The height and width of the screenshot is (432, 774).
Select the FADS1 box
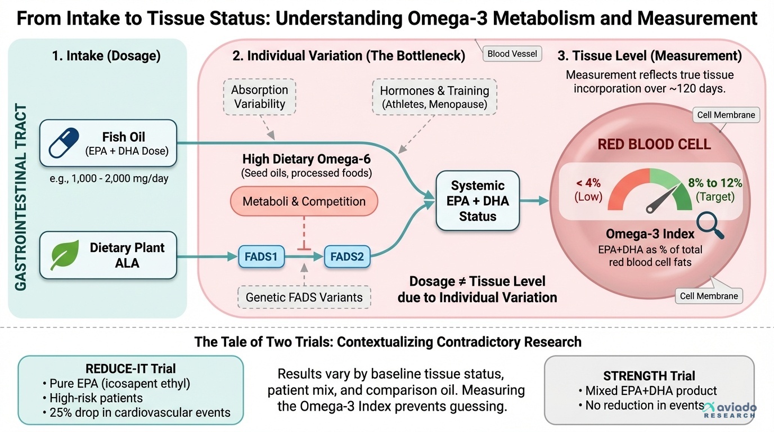click(x=261, y=257)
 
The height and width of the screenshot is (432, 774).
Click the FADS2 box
click(x=347, y=257)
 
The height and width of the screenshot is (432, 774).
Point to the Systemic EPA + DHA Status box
click(x=478, y=201)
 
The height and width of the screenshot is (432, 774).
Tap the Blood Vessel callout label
click(x=512, y=54)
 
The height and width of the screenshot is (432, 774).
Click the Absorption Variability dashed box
click(x=260, y=97)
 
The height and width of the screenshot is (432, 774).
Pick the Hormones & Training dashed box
click(x=434, y=97)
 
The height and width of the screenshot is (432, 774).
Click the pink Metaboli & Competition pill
click(x=304, y=201)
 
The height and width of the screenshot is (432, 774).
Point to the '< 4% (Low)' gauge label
click(x=588, y=190)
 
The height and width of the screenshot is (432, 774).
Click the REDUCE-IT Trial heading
click(x=130, y=369)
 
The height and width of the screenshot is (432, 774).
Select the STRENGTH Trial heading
click(x=649, y=376)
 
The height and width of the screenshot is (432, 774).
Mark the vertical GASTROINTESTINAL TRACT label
click(x=21, y=197)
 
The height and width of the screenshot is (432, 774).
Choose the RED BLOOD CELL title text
click(x=654, y=144)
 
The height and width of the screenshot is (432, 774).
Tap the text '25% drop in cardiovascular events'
click(x=136, y=412)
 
